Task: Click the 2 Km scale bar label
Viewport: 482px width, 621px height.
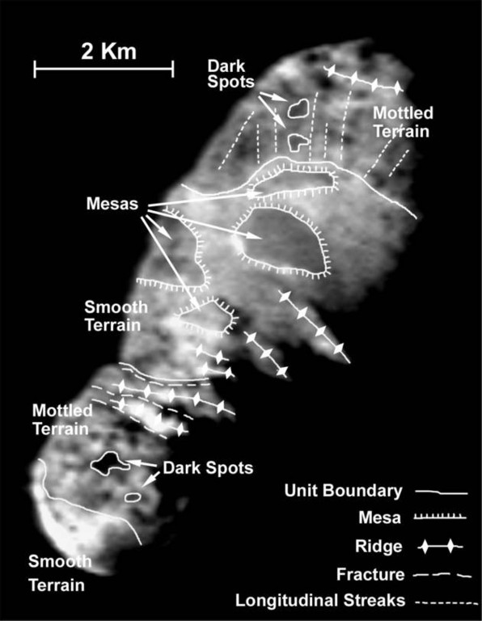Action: coord(108,52)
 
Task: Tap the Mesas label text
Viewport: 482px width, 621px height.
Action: coord(112,204)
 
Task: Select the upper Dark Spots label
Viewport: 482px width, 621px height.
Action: coord(231,74)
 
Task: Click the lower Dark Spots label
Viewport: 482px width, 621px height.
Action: coord(208,467)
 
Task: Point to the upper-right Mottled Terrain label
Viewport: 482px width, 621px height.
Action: coord(403,122)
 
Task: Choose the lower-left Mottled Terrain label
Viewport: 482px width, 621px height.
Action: coord(62,420)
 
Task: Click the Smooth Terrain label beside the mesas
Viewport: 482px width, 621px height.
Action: coord(116,316)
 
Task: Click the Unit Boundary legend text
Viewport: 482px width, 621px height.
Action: coord(343,491)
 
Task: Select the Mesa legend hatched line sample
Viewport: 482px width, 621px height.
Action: coord(440,517)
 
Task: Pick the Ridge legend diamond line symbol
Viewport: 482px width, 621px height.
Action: coord(440,547)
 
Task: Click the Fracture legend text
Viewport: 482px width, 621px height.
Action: coord(370,574)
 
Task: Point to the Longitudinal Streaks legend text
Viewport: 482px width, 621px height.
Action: coord(320,601)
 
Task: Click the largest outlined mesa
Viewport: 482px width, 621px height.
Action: coord(282,242)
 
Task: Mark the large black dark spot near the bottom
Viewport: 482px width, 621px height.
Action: coord(109,463)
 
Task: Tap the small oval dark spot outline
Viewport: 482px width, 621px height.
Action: coord(133,497)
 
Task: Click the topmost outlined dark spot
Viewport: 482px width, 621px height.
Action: coord(298,108)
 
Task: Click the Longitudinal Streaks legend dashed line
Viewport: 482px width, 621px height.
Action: coord(447,602)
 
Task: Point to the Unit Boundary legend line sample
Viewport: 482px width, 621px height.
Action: coord(442,492)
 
